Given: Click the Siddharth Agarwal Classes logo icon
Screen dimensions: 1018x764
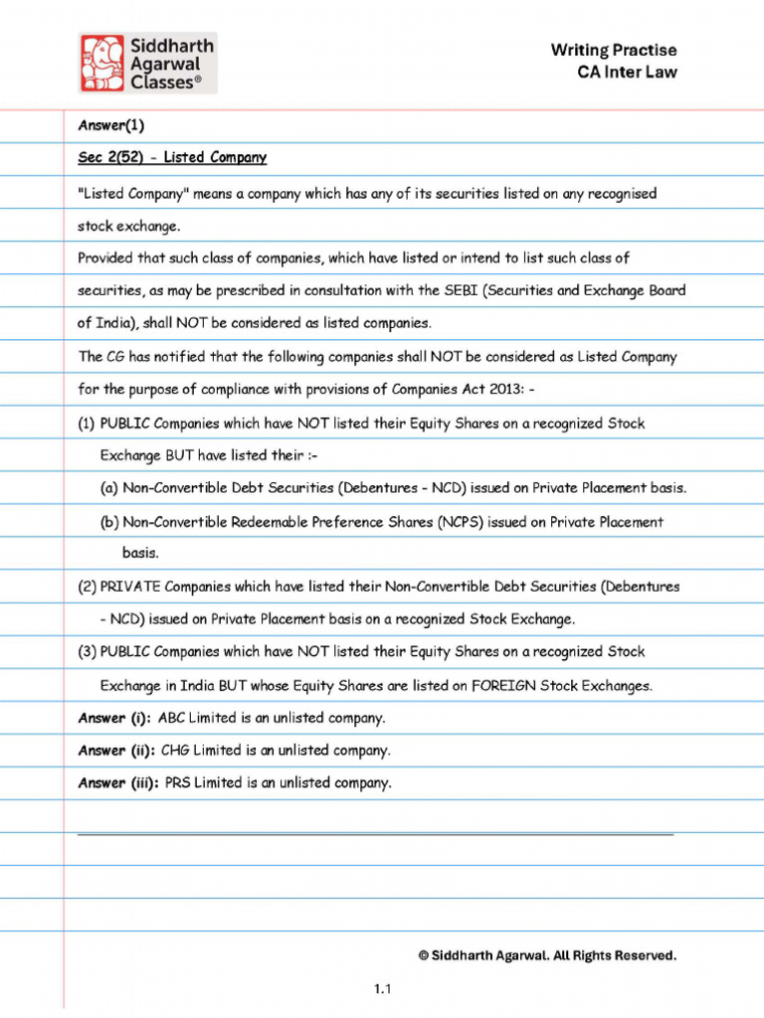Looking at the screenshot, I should click(102, 63).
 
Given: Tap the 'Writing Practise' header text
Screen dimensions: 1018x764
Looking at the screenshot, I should click(614, 50).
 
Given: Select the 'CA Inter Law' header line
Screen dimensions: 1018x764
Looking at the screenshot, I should click(627, 72).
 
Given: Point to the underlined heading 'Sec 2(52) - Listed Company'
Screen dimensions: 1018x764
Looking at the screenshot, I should click(172, 158).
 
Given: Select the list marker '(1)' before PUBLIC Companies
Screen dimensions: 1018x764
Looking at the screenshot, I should click(87, 424).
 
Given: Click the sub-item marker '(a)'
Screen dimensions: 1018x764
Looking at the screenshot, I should click(109, 489).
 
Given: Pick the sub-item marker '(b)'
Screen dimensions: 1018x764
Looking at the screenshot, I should click(109, 522).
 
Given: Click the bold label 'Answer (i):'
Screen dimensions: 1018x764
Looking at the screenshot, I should click(113, 718).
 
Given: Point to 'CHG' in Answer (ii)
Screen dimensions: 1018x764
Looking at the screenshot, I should click(175, 751).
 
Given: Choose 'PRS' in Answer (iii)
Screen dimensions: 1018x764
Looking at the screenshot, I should click(178, 783).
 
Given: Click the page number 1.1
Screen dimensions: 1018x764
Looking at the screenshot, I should click(383, 989).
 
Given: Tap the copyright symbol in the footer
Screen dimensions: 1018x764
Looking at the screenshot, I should click(424, 956).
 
